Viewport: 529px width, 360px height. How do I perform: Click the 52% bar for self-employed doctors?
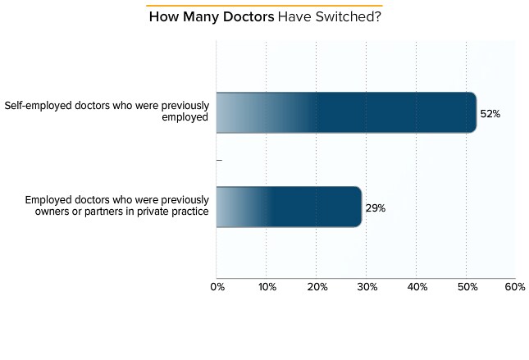344,112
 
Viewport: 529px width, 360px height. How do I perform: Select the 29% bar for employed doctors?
287,207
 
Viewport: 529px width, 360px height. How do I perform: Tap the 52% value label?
490,114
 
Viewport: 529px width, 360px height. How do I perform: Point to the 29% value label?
375,208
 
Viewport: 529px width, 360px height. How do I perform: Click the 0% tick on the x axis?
217,286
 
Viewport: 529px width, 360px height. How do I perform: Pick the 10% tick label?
267,286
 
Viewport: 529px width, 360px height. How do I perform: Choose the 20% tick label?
317,286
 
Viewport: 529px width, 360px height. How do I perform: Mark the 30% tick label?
367,286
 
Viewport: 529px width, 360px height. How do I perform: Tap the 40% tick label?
417,286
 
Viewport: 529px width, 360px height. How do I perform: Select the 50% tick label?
466,286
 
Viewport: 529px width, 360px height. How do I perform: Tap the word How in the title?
161,17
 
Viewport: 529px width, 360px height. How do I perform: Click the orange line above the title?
264,6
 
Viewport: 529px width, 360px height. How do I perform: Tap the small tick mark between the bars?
219,160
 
